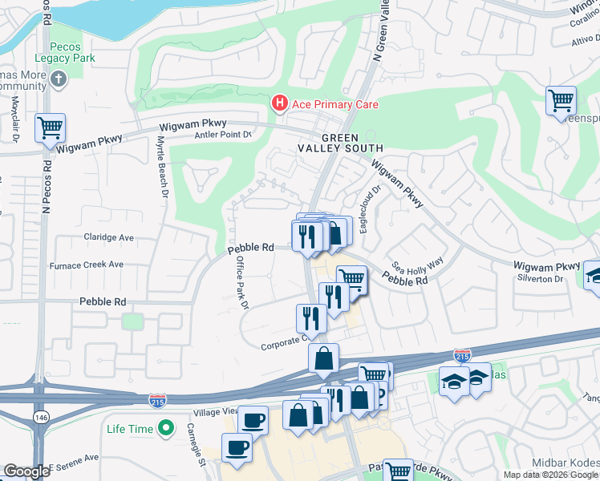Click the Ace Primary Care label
(x=334, y=104)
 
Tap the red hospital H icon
(x=278, y=103)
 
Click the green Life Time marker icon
(x=165, y=429)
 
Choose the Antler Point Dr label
(x=224, y=135)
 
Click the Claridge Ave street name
(x=110, y=238)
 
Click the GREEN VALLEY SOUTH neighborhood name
(x=351, y=143)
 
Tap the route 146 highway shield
(x=39, y=417)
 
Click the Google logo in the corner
(x=26, y=471)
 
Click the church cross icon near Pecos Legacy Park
(x=58, y=80)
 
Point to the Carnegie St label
(x=197, y=443)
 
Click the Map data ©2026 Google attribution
(x=550, y=475)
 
